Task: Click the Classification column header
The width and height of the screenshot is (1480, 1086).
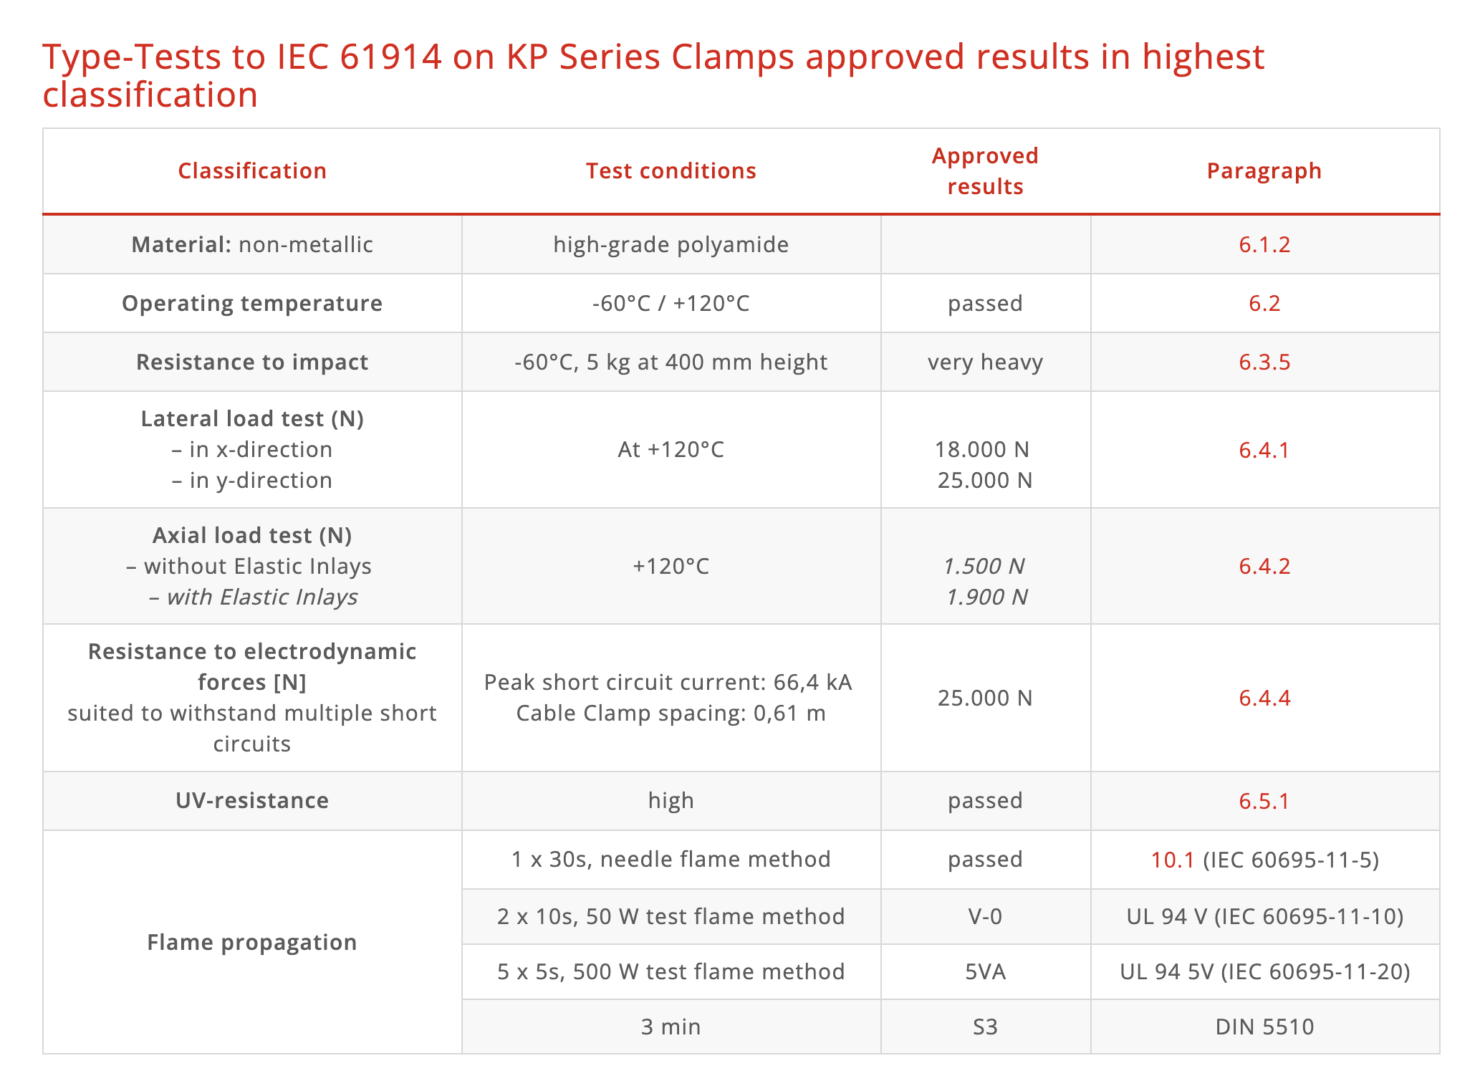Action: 252,171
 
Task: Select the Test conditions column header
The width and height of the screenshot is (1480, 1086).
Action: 671,171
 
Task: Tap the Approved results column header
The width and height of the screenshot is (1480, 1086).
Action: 985,171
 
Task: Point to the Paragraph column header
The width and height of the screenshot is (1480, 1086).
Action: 1264,171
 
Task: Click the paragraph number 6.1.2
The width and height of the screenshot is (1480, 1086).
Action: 1264,245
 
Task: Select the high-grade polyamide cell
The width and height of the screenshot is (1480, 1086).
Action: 671,245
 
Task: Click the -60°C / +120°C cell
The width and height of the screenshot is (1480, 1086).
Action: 671,304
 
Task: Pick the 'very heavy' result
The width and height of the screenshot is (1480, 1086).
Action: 985,362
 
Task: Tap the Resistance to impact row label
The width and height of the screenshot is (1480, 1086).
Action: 252,362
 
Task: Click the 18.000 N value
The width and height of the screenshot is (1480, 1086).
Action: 981,450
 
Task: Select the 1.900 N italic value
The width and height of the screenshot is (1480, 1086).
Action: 986,597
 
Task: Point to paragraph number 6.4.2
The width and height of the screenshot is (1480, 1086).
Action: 1264,567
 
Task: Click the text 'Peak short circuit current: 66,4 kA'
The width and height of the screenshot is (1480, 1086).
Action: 668,683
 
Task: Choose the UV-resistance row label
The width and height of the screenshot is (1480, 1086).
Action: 252,801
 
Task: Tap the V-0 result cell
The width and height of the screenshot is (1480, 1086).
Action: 985,917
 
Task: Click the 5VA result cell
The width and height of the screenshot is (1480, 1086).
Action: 985,972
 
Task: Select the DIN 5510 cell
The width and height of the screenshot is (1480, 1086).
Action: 1264,1027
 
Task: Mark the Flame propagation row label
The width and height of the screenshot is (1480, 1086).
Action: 252,943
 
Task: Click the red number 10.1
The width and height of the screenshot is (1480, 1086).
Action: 1172,860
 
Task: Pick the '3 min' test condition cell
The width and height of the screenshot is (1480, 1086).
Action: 671,1027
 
